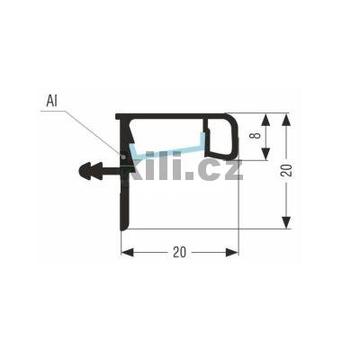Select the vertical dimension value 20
[286, 171]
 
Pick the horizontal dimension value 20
[179, 252]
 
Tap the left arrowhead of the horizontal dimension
[126, 252]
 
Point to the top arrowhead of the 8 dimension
[266, 118]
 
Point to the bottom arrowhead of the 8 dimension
[266, 155]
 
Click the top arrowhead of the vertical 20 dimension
[286, 118]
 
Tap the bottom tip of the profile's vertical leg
[121, 227]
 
